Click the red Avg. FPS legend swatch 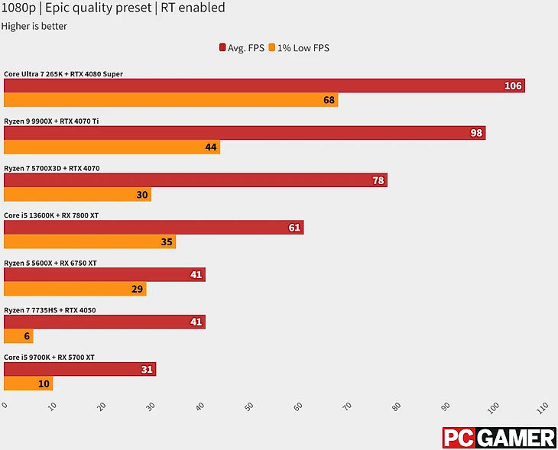click(x=222, y=48)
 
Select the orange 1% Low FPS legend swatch click(x=272, y=48)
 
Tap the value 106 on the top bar click(x=513, y=86)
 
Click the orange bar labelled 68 click(x=170, y=100)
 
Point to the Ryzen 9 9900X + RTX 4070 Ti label click(x=51, y=121)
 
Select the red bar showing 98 click(x=245, y=133)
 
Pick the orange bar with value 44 click(x=112, y=147)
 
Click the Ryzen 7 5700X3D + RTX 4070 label click(x=52, y=168)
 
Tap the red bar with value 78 click(x=195, y=180)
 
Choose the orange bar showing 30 click(x=77, y=195)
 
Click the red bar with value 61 click(x=153, y=227)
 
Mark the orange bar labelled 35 click(x=89, y=241)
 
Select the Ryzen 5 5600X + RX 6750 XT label click(x=50, y=263)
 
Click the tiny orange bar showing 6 click(x=18, y=336)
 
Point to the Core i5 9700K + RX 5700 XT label click(x=49, y=357)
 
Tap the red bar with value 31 click(x=79, y=369)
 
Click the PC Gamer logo click(x=499, y=438)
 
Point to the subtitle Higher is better click(x=34, y=26)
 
